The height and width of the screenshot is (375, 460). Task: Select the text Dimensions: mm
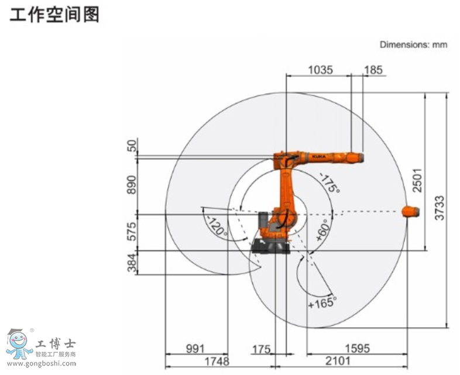click(x=413, y=44)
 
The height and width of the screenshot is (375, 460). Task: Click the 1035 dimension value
click(x=320, y=70)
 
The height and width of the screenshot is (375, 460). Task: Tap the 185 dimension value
click(x=373, y=70)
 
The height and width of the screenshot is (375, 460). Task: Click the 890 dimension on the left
click(x=132, y=185)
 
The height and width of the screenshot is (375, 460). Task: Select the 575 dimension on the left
click(x=132, y=232)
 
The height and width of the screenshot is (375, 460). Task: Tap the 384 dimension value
click(x=132, y=263)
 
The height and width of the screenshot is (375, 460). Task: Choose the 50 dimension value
click(x=132, y=146)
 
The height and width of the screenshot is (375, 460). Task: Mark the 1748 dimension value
click(x=216, y=362)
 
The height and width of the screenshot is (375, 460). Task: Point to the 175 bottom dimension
click(x=261, y=349)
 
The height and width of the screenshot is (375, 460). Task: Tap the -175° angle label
click(x=329, y=183)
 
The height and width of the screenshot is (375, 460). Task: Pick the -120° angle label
click(x=217, y=225)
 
